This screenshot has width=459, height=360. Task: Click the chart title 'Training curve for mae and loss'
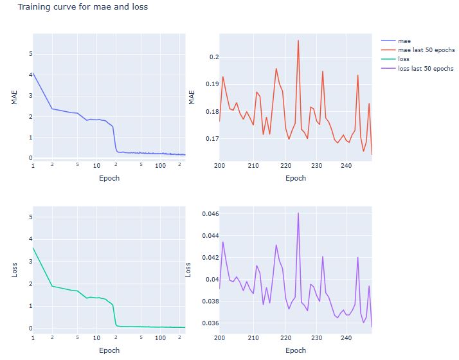[x=83, y=8]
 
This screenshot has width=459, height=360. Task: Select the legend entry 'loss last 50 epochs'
[x=426, y=68]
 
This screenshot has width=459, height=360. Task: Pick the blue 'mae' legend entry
[x=405, y=40]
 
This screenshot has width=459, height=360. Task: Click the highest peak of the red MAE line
[x=298, y=40]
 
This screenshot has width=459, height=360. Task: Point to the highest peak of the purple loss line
[x=298, y=213]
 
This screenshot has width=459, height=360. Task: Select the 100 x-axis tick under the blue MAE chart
[x=160, y=166]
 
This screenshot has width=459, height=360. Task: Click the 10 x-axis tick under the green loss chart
[x=96, y=337]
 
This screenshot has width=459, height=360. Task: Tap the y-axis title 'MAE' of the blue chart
[x=14, y=97]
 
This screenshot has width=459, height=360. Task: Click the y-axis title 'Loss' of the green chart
[x=14, y=269]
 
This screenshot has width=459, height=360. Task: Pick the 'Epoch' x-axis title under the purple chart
[x=296, y=350]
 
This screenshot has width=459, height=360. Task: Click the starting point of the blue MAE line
[x=33, y=73]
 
